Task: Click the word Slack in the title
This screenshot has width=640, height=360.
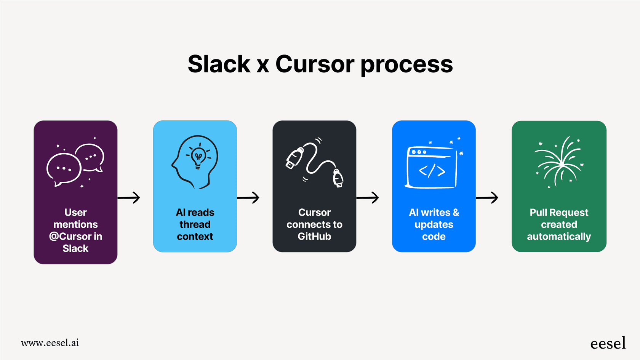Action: coord(219,64)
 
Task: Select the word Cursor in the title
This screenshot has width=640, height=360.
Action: coord(315,64)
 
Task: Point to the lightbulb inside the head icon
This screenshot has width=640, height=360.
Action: coord(198,156)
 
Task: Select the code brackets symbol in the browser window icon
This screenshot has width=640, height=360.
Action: coord(432,171)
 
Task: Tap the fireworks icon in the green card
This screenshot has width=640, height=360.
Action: coord(559,162)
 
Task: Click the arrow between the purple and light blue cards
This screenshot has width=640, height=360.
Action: coord(129,198)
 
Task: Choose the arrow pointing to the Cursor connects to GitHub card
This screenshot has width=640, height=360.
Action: coord(248,198)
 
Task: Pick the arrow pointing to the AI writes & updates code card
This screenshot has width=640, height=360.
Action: coord(368,198)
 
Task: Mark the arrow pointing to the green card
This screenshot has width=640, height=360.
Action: coord(487,198)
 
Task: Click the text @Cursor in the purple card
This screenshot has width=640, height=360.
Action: coord(70,237)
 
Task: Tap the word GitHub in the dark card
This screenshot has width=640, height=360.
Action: coord(314,237)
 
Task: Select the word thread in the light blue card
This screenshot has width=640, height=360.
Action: coord(195,224)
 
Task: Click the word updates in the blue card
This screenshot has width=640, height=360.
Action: coord(434,224)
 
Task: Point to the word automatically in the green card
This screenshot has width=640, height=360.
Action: coord(559,237)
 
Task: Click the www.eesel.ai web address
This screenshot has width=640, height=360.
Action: coord(50,343)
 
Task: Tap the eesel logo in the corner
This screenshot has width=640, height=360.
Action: coord(608,343)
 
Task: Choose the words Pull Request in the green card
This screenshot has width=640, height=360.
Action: coord(559,212)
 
